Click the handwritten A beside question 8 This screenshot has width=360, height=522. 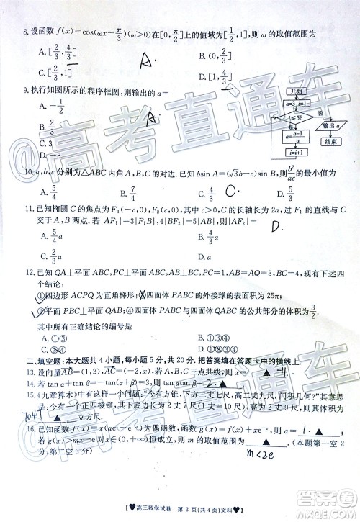148,60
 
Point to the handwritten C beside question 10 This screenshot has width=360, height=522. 231,192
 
